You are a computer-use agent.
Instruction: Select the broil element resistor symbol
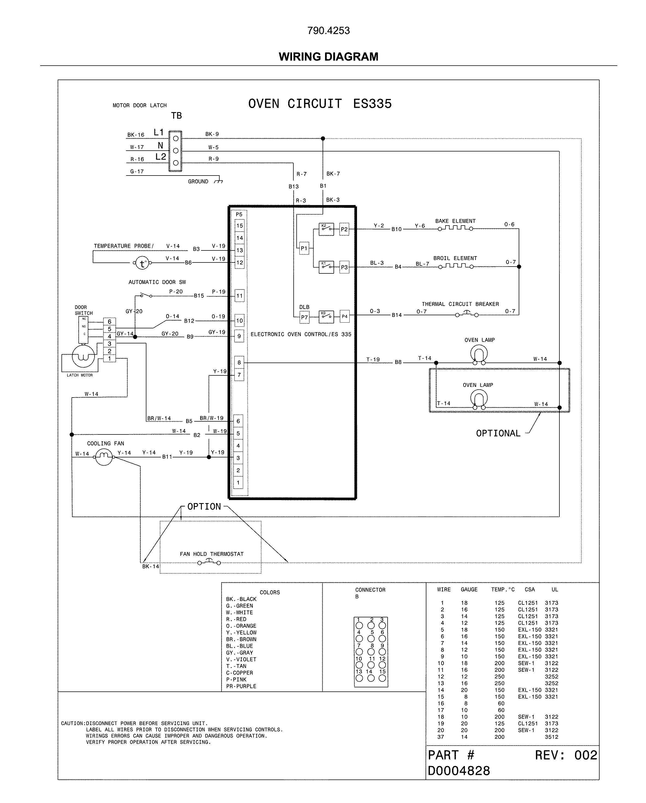(x=456, y=266)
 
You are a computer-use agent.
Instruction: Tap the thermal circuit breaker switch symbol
(x=467, y=314)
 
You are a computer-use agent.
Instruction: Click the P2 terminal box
(x=344, y=229)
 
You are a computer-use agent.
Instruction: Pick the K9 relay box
(x=326, y=316)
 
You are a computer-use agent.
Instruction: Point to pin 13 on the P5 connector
(x=239, y=250)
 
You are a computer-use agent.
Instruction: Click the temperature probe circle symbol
(x=142, y=263)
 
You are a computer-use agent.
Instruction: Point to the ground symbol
(x=219, y=181)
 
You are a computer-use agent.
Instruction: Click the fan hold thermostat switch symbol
(x=209, y=562)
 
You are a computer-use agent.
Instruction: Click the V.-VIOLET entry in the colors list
(x=241, y=659)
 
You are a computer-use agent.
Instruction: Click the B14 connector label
(x=397, y=315)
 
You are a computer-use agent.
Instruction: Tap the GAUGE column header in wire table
(x=469, y=589)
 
